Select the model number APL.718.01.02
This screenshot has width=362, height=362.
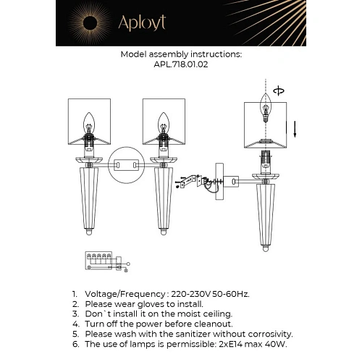tap(181, 64)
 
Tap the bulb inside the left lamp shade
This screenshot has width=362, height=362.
tap(90, 121)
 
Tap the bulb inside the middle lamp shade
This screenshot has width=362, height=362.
tap(165, 121)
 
